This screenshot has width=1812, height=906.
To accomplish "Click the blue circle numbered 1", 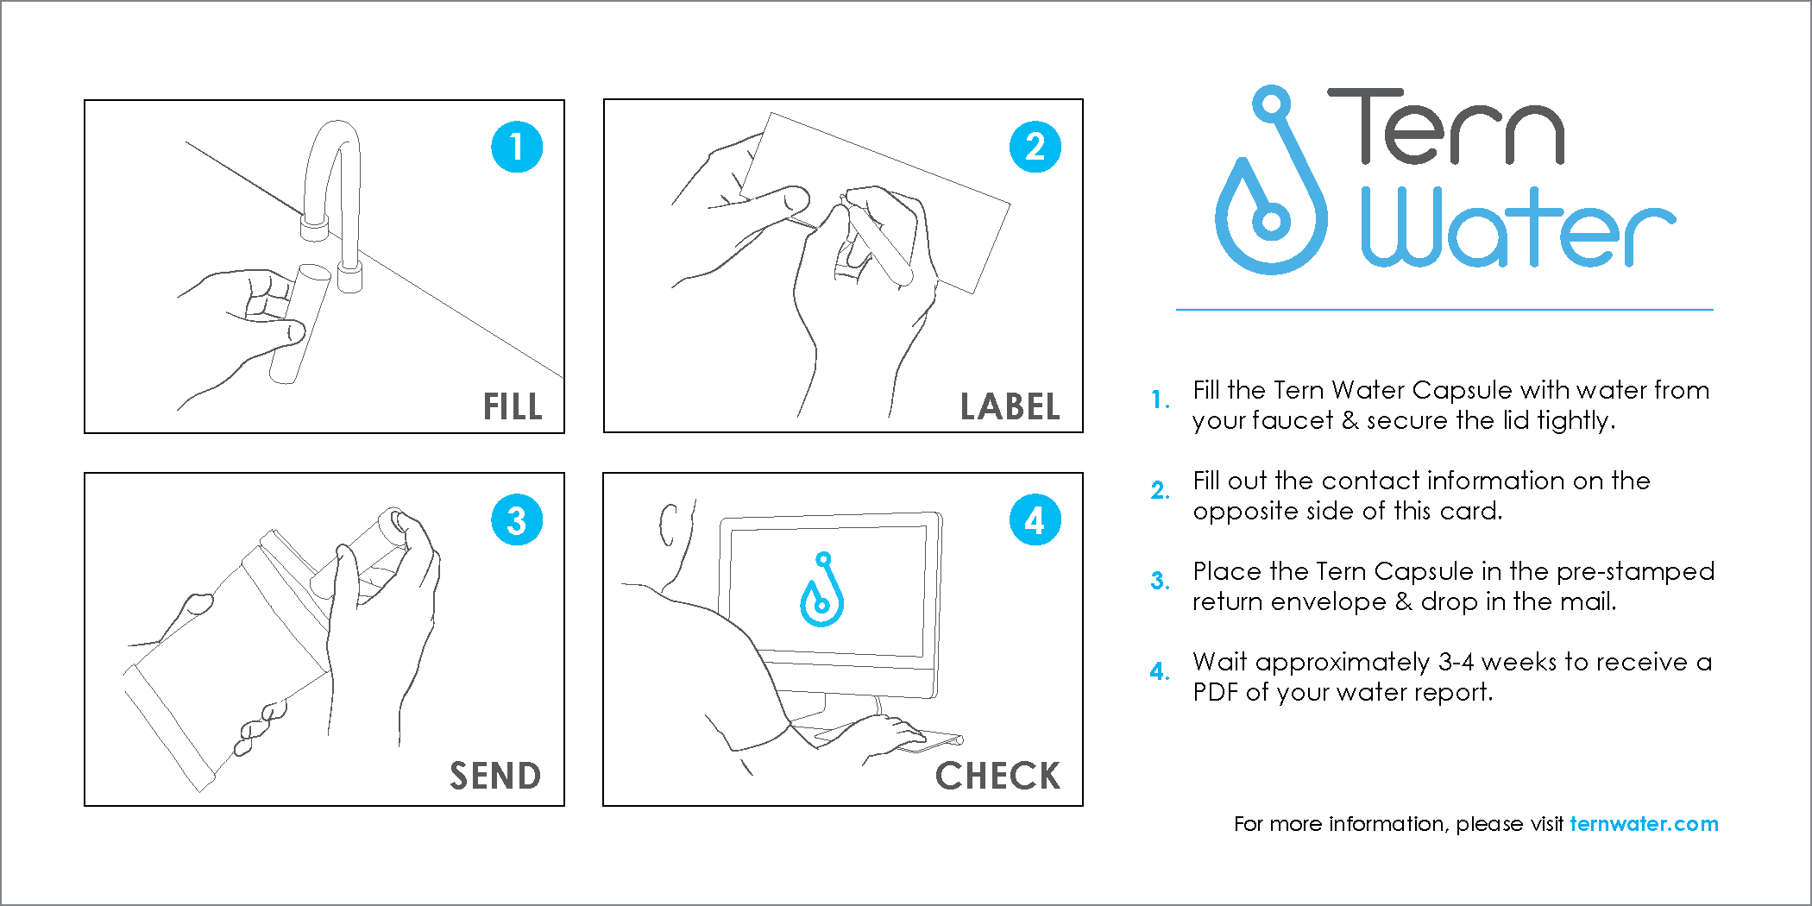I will click(x=517, y=147).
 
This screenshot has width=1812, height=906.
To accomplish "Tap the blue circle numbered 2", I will click(x=1035, y=147).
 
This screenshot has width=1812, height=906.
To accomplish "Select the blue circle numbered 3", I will click(x=517, y=520).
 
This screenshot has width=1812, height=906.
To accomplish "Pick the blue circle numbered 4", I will click(x=1035, y=520).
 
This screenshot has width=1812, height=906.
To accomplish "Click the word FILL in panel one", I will click(x=513, y=406).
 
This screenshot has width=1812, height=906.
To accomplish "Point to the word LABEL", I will click(x=1010, y=406).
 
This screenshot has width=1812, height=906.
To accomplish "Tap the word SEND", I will click(x=495, y=776).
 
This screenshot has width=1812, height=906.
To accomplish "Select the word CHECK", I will click(x=997, y=776).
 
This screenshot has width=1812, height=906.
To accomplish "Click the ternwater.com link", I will click(x=1644, y=824).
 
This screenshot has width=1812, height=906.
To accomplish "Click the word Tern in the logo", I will click(x=1446, y=127).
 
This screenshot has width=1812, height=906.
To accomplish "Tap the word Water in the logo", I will click(x=1517, y=229).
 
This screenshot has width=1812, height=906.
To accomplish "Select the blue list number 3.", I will click(x=1159, y=581).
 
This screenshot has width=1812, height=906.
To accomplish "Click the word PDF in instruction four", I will click(x=1215, y=692).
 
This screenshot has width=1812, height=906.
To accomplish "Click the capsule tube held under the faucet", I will click(x=299, y=324).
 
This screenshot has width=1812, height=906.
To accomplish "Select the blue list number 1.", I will click(x=1159, y=400).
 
